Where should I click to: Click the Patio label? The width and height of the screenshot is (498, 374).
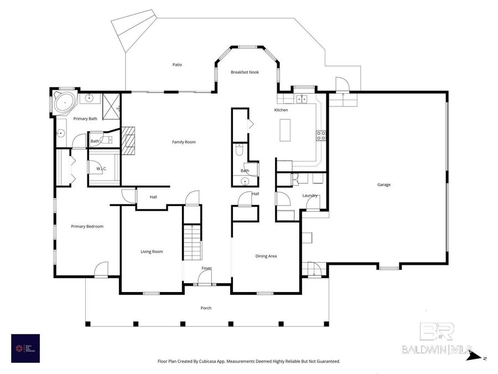[x=177, y=65]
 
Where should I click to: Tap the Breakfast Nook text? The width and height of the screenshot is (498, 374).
[x=245, y=72]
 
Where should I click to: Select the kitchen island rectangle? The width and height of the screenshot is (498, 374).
[x=286, y=131]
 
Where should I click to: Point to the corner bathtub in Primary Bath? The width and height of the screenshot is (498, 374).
[x=65, y=103]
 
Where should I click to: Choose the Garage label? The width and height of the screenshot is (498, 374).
[x=383, y=185]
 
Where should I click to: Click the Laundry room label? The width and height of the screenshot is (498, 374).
[x=309, y=196]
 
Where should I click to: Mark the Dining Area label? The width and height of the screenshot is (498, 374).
[x=266, y=256]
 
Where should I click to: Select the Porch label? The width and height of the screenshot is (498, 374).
[x=206, y=308]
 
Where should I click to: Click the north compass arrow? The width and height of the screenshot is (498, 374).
[x=475, y=357]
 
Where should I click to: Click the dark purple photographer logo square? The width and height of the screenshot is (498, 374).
[x=25, y=348]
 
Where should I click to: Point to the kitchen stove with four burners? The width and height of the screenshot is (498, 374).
[x=320, y=135]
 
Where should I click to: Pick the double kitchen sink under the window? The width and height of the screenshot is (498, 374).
[x=302, y=99]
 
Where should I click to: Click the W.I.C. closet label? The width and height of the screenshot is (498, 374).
[x=101, y=168]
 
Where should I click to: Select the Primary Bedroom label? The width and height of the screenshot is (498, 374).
[x=87, y=226]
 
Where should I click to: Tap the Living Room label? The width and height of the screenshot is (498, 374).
[x=152, y=252]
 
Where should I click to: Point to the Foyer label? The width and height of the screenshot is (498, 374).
[x=206, y=268]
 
